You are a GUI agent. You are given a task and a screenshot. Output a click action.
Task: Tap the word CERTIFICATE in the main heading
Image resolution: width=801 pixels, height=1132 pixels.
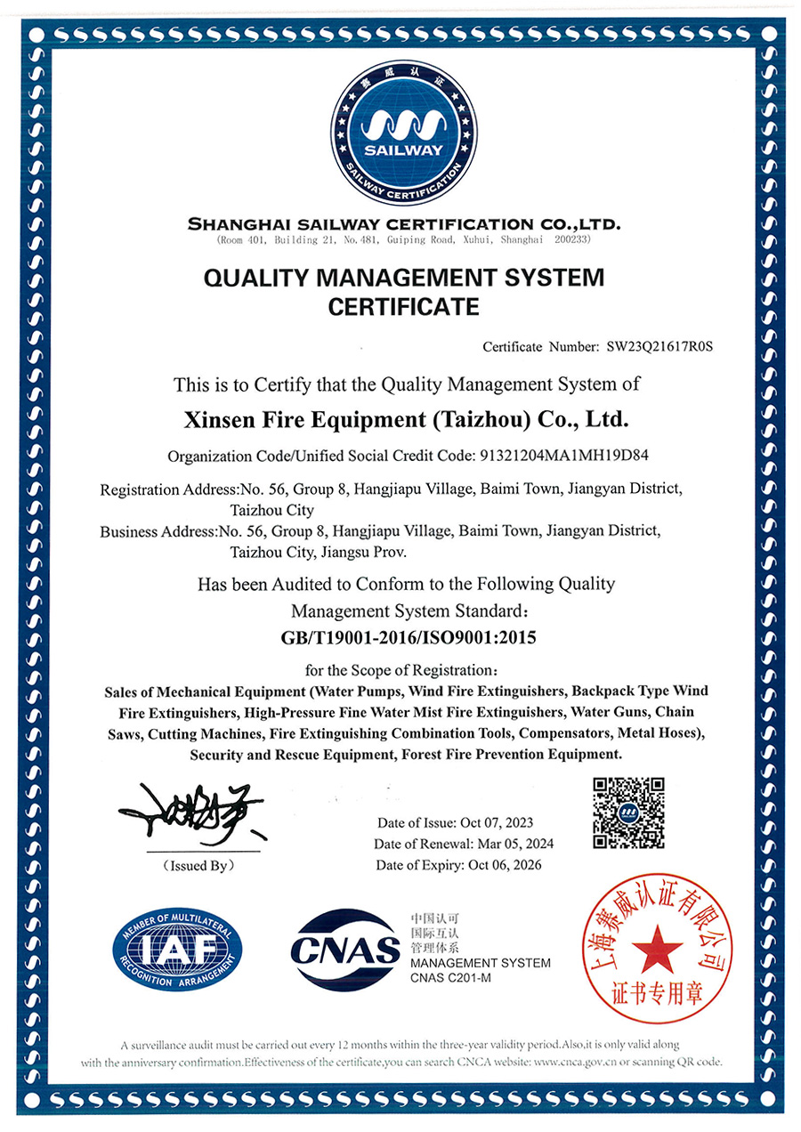[404, 307]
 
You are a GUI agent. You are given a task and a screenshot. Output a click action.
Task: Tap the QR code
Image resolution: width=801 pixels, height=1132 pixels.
[629, 812]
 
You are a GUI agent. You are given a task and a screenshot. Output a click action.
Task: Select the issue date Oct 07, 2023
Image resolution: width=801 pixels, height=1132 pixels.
[496, 822]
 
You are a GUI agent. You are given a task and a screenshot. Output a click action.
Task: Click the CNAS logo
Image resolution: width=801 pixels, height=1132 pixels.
[346, 950]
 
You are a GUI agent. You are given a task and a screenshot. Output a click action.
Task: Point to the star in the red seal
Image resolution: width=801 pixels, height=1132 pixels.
[659, 947]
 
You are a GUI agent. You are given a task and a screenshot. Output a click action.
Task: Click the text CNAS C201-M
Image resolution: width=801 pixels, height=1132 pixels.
[451, 979]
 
